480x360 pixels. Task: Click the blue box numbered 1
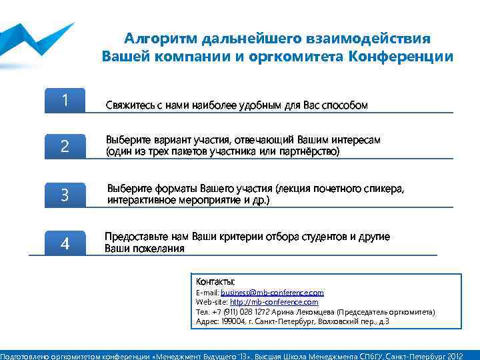[65, 101]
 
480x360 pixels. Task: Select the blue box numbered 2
[65, 146]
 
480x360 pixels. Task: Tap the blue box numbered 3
[65, 195]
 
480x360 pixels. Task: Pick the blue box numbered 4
[65, 243]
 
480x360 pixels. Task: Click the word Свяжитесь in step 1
[128, 105]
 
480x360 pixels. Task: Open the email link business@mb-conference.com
[272, 293]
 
